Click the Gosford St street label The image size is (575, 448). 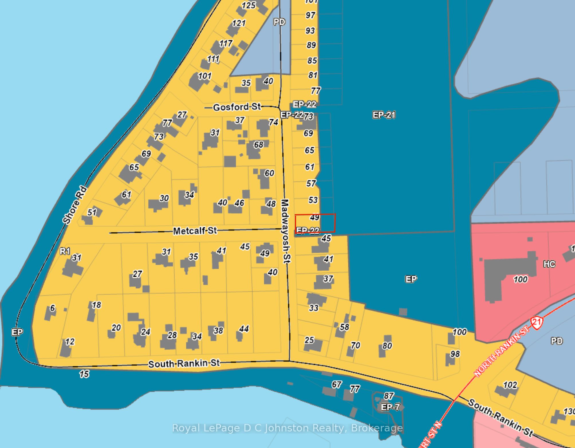(237, 107)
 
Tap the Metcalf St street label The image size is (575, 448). (195, 231)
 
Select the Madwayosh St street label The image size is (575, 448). (286, 231)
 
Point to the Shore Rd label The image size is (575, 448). (74, 205)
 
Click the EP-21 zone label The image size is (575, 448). (384, 115)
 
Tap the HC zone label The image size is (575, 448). (549, 264)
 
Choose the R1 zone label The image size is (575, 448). (65, 251)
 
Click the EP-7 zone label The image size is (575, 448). (390, 407)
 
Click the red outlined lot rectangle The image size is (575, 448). (315, 223)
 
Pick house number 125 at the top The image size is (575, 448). (248, 5)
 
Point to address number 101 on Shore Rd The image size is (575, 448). (204, 76)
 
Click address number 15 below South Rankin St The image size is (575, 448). (84, 374)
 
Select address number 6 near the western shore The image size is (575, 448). (52, 308)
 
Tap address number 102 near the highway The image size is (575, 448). (510, 385)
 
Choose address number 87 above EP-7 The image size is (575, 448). (389, 396)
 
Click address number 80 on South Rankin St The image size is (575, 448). (387, 346)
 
